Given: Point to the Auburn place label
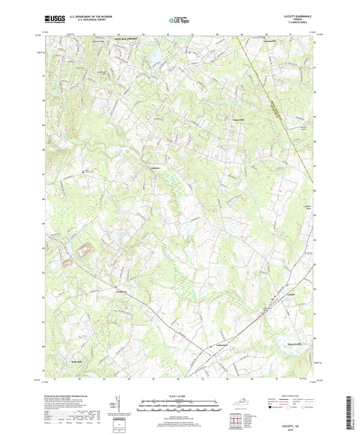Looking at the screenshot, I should tap(153, 169).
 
